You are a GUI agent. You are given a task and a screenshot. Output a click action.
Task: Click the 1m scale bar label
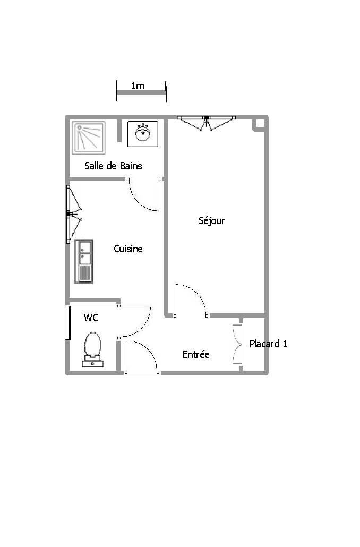pyautogui.click(x=138, y=86)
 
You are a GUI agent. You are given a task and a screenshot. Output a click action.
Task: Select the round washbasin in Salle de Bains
pyautogui.click(x=142, y=133)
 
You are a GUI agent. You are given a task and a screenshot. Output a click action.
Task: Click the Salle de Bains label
pyautogui.click(x=113, y=166)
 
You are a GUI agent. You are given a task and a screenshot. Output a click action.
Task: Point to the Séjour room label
pyautogui.click(x=211, y=220)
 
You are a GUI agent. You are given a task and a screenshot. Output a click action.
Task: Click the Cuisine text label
pyautogui.click(x=128, y=249)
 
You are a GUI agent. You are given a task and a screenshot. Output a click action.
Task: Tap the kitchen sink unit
pyautogui.click(x=84, y=261)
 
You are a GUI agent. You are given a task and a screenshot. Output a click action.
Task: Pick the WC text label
pyautogui.click(x=91, y=318)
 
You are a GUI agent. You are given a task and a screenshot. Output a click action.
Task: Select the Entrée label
pyautogui.click(x=196, y=354)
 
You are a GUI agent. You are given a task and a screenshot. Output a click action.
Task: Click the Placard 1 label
pyautogui.click(x=268, y=344)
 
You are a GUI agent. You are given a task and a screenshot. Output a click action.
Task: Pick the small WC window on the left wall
pyautogui.click(x=67, y=322)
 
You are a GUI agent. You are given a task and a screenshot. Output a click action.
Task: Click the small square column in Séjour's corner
pyautogui.click(x=260, y=123)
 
